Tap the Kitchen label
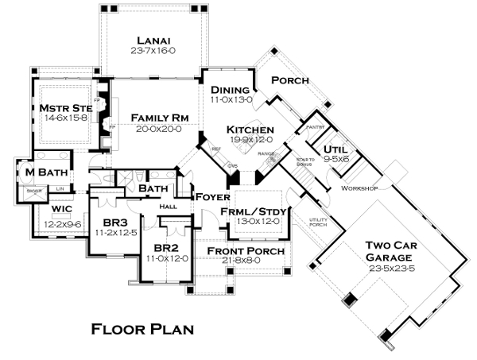250,130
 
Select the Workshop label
359,188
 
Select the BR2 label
165,247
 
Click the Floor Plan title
142,327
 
